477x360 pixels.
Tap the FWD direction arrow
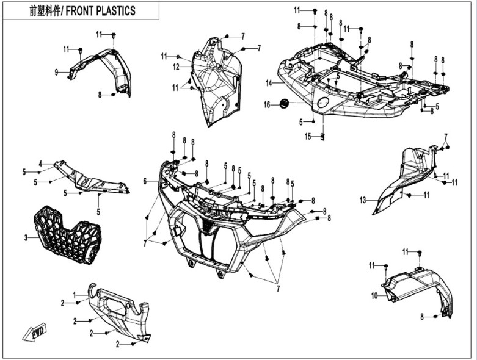[x=33, y=332]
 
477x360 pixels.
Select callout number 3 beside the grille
[x=26, y=237]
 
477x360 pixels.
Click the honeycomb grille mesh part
[x=67, y=234]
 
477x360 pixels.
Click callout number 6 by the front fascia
[x=145, y=181]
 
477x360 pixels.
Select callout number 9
[x=57, y=72]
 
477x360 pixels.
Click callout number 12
[x=176, y=66]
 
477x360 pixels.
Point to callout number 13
[x=363, y=200]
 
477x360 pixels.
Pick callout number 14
[x=268, y=82]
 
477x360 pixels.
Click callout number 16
[x=267, y=105]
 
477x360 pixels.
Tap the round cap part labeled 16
[x=284, y=103]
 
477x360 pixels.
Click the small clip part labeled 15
[x=322, y=136]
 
